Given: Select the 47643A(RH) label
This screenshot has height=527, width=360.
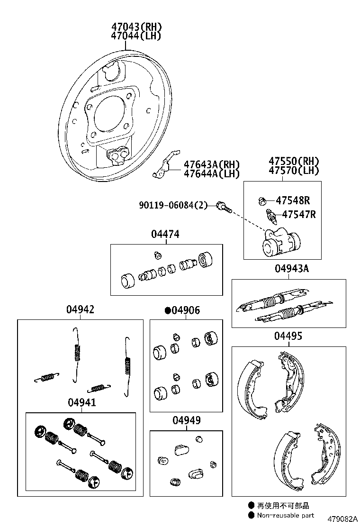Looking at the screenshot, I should coord(212,164).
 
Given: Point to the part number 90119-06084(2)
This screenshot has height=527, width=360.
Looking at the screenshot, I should coord(173,205).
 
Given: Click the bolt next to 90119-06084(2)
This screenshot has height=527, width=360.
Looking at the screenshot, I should coord(223,206).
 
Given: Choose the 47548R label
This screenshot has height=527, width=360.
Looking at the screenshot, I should coord(293,200).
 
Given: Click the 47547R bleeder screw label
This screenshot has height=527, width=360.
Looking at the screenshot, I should coord(298,215).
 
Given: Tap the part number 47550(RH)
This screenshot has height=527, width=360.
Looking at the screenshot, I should coord(293,161).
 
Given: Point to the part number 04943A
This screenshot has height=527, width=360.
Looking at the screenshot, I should coord(291,269).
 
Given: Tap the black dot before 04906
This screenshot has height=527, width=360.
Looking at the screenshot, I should coord(167,311).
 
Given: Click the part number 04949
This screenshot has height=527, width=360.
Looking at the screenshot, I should coord(186,420).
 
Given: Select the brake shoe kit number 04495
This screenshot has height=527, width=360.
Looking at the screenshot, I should coord(288,336).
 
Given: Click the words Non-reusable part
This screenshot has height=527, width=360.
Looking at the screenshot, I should coord(285,515).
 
